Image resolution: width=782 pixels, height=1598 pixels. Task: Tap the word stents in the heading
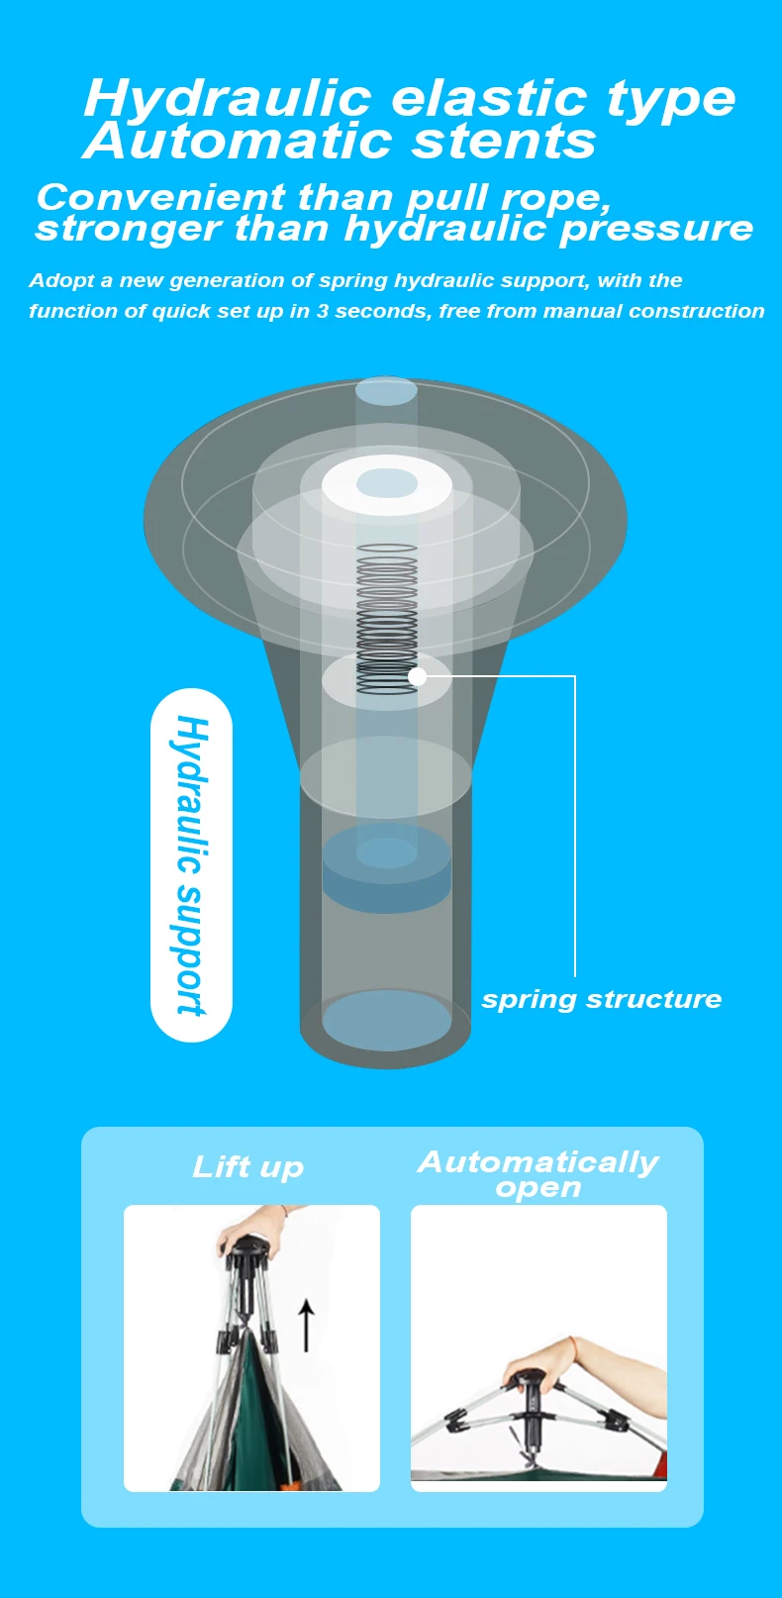(x=504, y=142)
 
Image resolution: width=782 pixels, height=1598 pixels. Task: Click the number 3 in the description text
(x=322, y=311)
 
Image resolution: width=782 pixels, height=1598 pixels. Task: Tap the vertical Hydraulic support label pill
(x=191, y=864)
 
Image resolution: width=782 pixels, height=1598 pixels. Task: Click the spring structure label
(x=601, y=999)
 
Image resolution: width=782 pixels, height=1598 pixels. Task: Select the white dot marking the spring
(x=418, y=676)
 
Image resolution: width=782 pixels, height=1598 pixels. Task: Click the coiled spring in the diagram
(x=386, y=614)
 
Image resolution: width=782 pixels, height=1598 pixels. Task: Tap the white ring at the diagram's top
(x=387, y=484)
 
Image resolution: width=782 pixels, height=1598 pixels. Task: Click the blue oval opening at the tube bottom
(x=386, y=1021)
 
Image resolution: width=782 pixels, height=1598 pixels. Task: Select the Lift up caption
(x=247, y=1166)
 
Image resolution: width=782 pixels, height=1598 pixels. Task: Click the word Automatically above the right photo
(x=538, y=1161)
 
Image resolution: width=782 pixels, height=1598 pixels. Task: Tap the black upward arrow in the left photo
(x=307, y=1326)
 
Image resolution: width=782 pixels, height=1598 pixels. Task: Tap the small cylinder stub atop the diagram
(x=386, y=391)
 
